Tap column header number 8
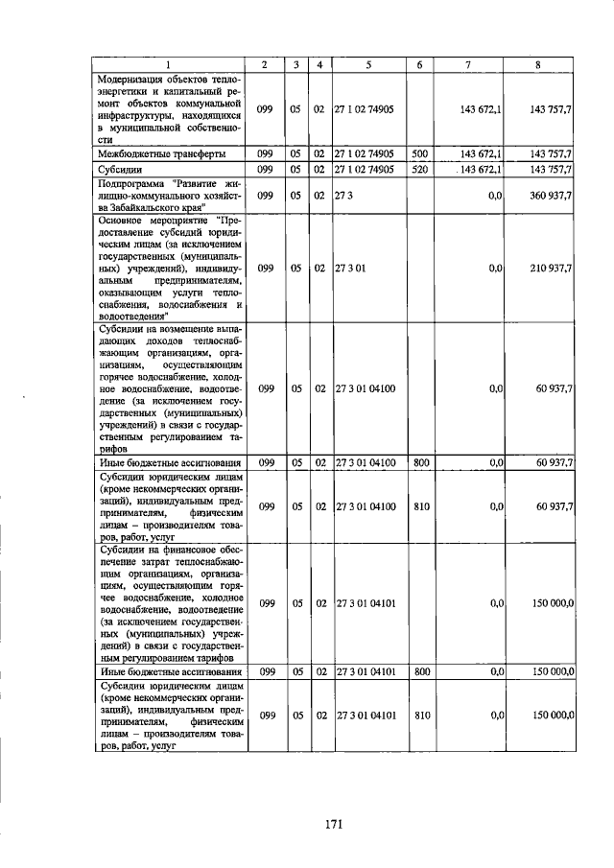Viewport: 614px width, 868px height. [x=538, y=64]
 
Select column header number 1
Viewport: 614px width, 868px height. [x=168, y=64]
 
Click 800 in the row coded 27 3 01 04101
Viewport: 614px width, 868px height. [x=420, y=671]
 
